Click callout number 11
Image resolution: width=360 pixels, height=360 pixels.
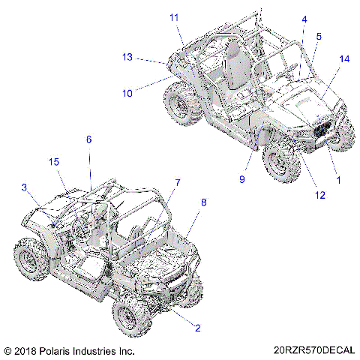click(174, 16)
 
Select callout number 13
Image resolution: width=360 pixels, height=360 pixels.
click(128, 56)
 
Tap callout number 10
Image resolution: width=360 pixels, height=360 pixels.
click(127, 94)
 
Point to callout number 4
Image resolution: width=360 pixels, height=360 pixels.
click(304, 19)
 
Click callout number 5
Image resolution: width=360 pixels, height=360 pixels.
click(319, 36)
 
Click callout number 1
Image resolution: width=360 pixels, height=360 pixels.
click(337, 180)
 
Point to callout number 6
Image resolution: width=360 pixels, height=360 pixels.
click(88, 139)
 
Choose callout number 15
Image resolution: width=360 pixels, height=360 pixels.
click(54, 163)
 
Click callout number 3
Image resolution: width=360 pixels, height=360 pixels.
click(24, 187)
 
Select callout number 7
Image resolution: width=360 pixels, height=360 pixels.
click(178, 182)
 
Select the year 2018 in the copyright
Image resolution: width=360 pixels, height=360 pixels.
click(28, 350)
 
